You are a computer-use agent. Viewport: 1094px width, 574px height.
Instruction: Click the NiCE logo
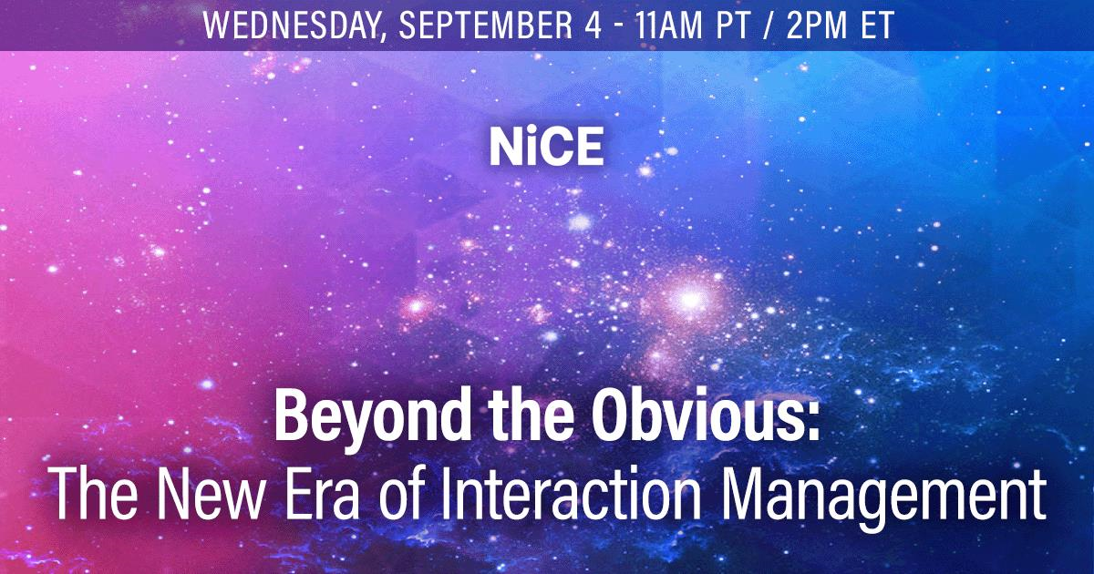(x=546, y=147)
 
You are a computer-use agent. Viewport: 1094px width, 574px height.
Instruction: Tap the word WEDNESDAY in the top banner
(x=291, y=25)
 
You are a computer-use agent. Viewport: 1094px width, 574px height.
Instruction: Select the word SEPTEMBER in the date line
(x=486, y=25)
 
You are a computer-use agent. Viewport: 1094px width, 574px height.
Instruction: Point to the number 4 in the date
(x=593, y=25)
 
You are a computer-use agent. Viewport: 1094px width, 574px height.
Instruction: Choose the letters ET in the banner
(x=877, y=25)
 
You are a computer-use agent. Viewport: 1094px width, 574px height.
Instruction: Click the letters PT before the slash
(x=733, y=25)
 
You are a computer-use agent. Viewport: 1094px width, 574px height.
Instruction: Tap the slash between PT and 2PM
(x=768, y=26)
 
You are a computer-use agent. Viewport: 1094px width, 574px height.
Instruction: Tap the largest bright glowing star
(x=689, y=299)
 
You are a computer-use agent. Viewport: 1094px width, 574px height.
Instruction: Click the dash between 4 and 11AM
(x=619, y=26)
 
